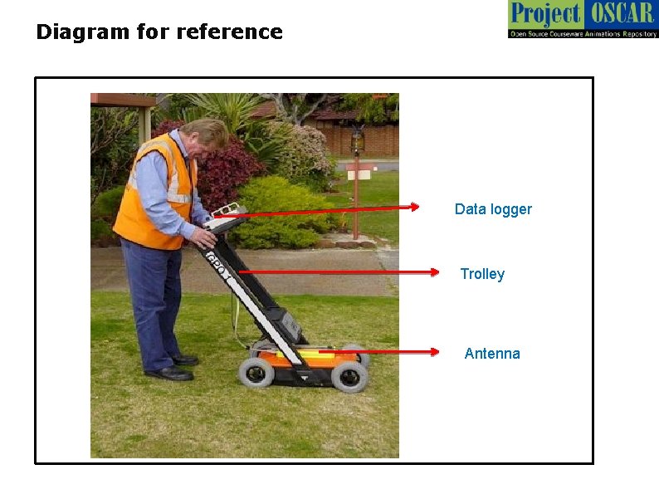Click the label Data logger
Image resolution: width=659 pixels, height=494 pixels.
pyautogui.click(x=493, y=209)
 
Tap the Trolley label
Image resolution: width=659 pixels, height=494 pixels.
pyautogui.click(x=482, y=274)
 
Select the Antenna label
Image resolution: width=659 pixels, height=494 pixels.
pyautogui.click(x=492, y=354)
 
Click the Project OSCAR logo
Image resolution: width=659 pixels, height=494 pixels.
pyautogui.click(x=583, y=19)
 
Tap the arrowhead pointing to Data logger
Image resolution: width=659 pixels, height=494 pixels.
pyautogui.click(x=414, y=207)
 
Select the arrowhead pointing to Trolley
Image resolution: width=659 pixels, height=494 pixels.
pyautogui.click(x=433, y=271)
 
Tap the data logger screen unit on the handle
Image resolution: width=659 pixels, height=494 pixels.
pyautogui.click(x=225, y=218)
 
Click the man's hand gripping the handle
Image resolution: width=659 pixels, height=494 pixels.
pyautogui.click(x=201, y=240)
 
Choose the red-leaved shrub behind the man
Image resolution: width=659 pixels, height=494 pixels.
pyautogui.click(x=220, y=170)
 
